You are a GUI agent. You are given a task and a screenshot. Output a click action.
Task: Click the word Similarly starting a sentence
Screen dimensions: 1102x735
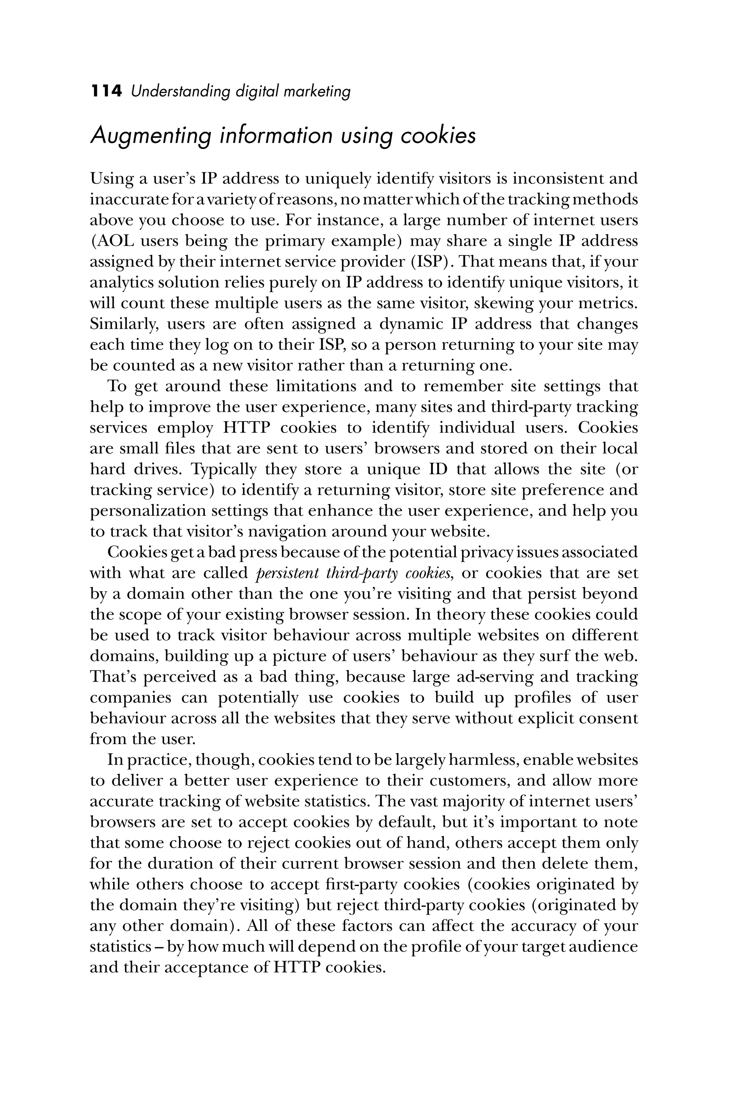(121, 324)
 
